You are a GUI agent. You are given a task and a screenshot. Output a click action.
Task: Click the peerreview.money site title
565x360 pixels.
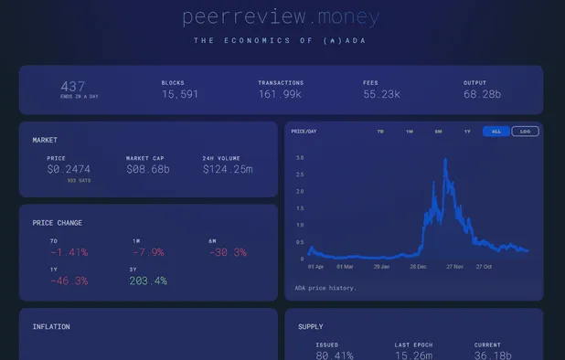281,16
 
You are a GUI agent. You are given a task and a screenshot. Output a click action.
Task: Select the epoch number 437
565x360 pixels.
73,86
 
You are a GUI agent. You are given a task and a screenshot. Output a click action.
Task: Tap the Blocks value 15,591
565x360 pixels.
180,94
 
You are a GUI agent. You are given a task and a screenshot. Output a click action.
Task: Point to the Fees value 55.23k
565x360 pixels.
382,94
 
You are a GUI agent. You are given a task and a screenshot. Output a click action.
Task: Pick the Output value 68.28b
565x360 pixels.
483,94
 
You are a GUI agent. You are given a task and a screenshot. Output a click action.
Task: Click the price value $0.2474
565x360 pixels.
69,170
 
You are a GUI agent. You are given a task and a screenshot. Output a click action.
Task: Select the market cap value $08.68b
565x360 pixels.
148,170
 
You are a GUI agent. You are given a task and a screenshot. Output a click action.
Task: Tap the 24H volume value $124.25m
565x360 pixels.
228,170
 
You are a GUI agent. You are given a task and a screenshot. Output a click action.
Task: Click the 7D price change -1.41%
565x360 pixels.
69,252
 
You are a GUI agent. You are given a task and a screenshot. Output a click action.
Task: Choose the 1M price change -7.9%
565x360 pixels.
148,252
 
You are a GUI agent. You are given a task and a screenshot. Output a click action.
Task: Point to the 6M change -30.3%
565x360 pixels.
228,252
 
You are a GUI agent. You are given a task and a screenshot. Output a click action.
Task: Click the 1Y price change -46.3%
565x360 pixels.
69,281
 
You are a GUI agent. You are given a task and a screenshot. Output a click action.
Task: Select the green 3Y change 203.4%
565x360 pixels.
148,281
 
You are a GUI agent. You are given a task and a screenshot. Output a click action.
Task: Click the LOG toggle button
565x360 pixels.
525,132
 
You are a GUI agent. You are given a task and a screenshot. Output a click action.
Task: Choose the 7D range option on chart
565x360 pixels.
380,132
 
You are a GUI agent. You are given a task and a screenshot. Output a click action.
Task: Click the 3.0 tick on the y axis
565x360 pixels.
300,158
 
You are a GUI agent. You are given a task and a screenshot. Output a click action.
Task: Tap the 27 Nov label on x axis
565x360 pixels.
454,267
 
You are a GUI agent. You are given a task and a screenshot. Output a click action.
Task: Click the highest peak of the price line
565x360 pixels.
445,160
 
